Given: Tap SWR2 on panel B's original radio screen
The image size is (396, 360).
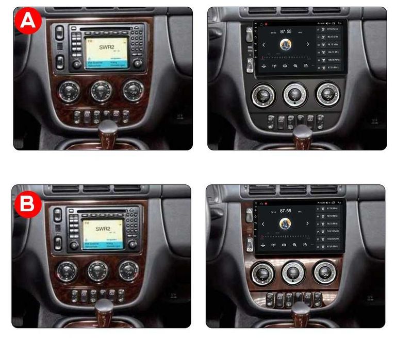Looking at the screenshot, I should coord(103,228).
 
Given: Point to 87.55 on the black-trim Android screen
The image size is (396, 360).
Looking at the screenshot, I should coord(286,31).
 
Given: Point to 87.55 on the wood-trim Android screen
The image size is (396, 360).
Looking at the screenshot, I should coord(285,211).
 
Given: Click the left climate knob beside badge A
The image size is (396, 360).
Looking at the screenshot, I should coord(69,91).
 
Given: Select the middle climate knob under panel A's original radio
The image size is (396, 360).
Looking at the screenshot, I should coord(101,91).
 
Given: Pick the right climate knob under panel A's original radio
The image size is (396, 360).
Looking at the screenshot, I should coord(133,90).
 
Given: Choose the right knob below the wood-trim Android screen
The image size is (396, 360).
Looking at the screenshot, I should coord(325,272).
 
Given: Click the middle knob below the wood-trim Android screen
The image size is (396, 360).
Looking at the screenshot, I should coord(294,272).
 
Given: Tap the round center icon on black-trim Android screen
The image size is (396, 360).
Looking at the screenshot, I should coord(286,45).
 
